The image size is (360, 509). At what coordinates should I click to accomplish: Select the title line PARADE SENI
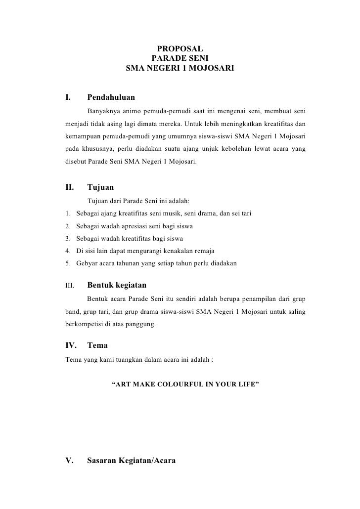[180, 58]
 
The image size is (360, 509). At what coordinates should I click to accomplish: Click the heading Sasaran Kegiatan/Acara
[131, 461]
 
